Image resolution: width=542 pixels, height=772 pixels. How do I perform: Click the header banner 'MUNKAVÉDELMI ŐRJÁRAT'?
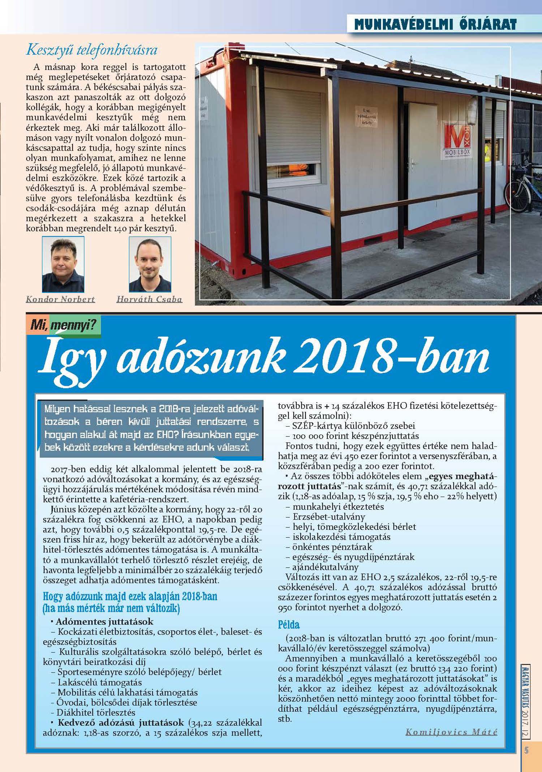coord(435,25)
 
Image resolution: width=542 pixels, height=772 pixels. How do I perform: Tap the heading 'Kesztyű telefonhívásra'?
coord(92,50)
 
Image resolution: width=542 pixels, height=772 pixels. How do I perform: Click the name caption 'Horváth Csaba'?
coord(149,299)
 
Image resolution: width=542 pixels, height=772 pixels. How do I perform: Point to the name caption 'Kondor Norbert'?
coord(60,299)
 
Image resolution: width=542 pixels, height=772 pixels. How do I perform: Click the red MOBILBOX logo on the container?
coord(457,141)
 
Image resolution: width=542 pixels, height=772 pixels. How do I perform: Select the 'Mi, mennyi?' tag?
coord(63,325)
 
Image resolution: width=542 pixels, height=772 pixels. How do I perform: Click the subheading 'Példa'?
coord(289,624)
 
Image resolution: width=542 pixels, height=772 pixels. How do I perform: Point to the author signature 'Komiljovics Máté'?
coord(451,732)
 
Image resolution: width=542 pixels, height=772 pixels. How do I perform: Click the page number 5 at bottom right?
coord(526,750)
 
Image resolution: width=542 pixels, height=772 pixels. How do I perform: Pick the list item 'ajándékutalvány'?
coord(325,567)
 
